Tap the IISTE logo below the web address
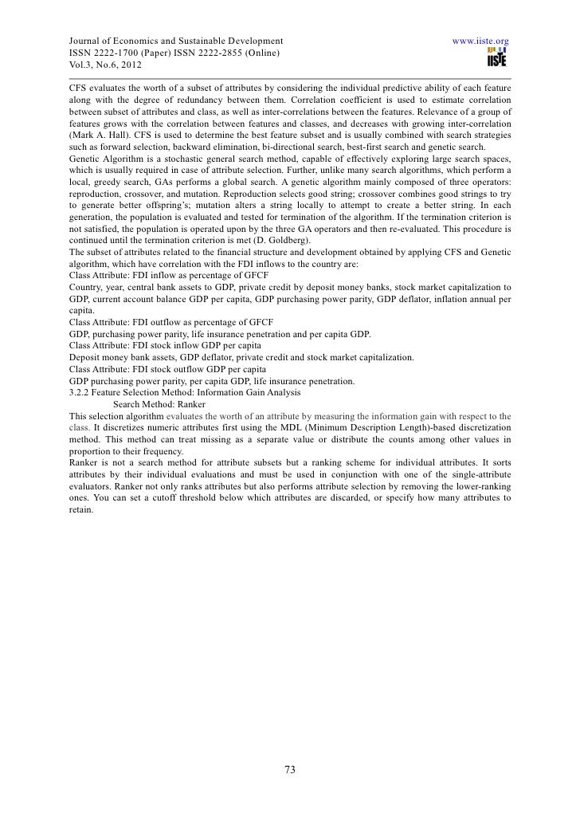click(x=499, y=55)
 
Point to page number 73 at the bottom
click(x=290, y=770)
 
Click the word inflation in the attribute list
click(x=439, y=299)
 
